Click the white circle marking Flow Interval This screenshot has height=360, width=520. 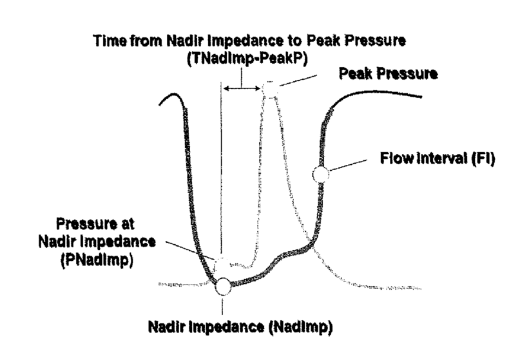(x=320, y=173)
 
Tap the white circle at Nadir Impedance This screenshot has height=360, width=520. (x=223, y=285)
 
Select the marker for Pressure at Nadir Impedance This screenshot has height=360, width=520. (x=221, y=264)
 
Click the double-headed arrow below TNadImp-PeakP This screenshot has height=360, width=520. (x=242, y=88)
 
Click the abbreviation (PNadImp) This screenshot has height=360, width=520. (x=97, y=261)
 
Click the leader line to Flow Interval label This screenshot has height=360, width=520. (x=349, y=166)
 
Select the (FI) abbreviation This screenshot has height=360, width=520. (x=481, y=158)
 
